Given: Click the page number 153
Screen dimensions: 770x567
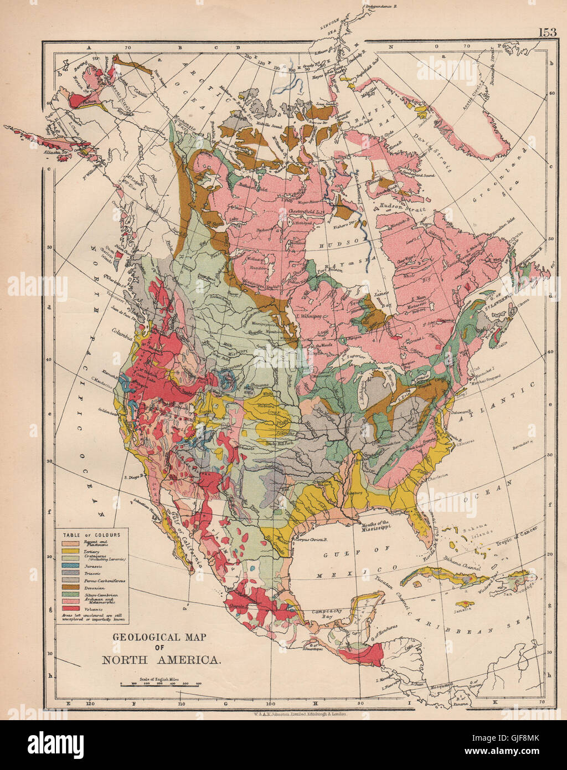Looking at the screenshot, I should pyautogui.click(x=547, y=32).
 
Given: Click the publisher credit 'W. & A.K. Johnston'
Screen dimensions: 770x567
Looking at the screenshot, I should pyautogui.click(x=300, y=715).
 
